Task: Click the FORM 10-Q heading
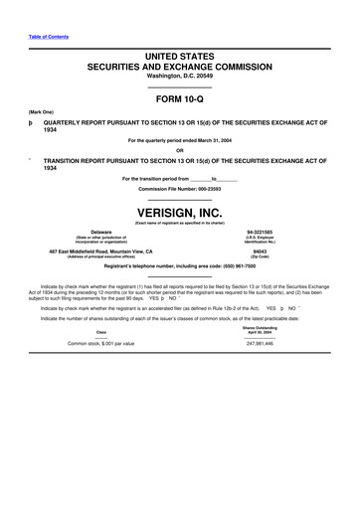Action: pyautogui.click(x=179, y=99)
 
